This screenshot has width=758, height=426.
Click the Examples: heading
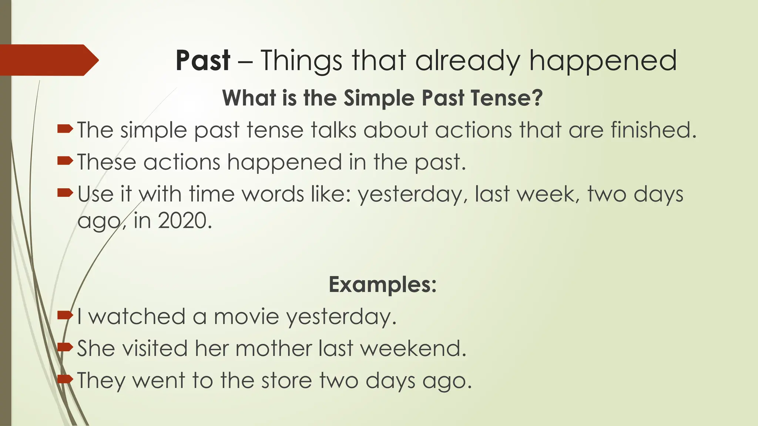click(383, 284)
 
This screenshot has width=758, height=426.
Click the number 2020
click(182, 221)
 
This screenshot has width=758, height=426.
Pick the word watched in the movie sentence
click(137, 317)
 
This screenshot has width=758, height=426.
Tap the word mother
click(274, 348)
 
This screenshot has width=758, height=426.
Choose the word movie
click(246, 317)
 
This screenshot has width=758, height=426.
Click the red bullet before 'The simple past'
click(65, 129)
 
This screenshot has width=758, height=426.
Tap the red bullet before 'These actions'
click(65, 161)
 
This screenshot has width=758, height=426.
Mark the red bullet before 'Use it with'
click(65, 193)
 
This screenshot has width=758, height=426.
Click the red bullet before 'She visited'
click(65, 347)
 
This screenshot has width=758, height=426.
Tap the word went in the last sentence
click(158, 381)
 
